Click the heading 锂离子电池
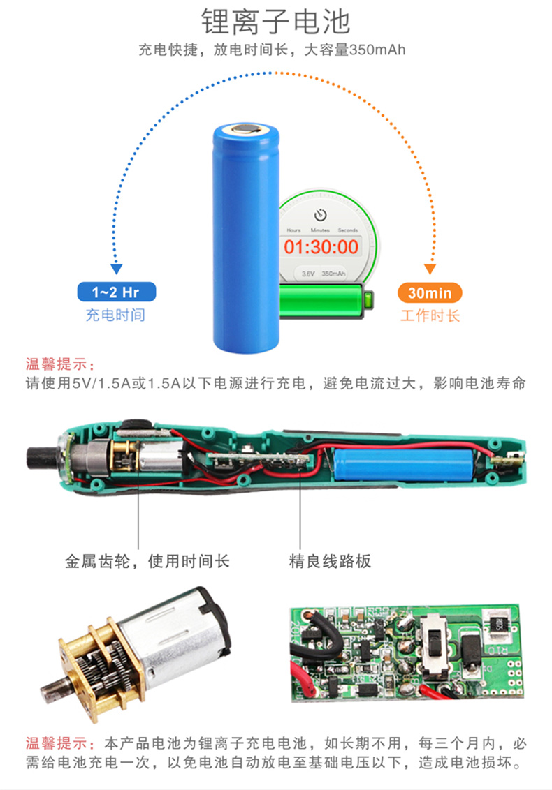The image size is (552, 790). click(275, 21)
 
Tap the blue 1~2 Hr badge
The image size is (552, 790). click(116, 292)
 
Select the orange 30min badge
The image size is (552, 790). click(430, 292)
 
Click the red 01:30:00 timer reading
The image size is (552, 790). click(321, 247)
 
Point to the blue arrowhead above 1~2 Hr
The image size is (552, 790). click(117, 269)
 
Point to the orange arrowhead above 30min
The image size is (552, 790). click(430, 269)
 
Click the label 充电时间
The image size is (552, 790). click(115, 315)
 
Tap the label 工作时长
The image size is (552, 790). click(430, 316)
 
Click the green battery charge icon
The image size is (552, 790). click(326, 301)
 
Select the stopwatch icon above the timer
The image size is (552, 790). click(321, 215)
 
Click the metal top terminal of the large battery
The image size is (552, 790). click(246, 129)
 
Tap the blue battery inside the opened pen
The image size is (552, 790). click(403, 464)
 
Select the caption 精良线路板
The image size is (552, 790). click(330, 561)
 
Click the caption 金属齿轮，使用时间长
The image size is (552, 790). click(147, 561)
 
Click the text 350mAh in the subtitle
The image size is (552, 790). click(377, 50)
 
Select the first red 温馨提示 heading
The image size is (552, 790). click(60, 364)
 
